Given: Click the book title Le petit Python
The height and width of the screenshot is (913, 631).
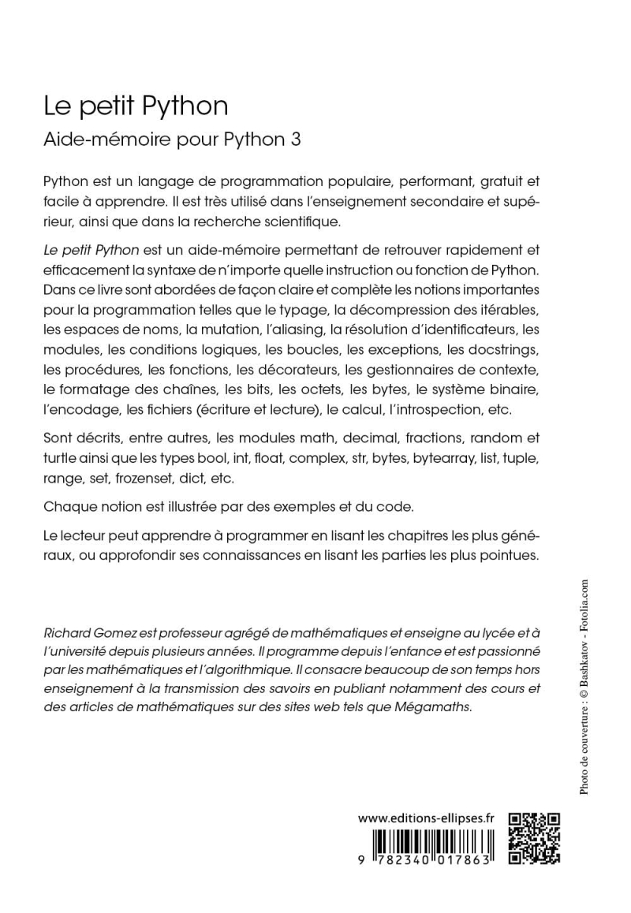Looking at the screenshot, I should pyautogui.click(x=136, y=106).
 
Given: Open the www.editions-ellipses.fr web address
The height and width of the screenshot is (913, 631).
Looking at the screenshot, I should pyautogui.click(x=425, y=819).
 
